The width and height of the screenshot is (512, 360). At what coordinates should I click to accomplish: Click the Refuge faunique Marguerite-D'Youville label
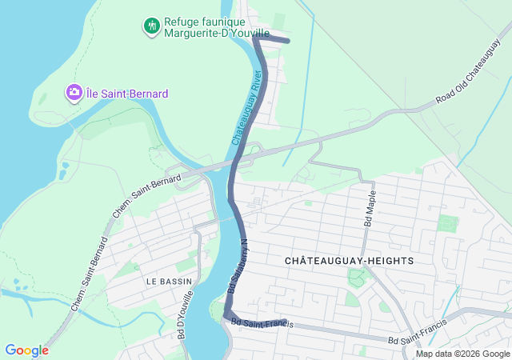tap(206, 28)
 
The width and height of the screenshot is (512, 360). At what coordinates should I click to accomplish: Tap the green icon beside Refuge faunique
tap(151, 26)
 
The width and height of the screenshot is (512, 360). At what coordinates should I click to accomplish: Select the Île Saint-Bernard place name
tap(127, 94)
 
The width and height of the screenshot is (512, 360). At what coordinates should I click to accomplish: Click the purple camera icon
tap(74, 93)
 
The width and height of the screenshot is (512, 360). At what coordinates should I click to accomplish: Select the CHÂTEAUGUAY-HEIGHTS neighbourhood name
tap(349, 261)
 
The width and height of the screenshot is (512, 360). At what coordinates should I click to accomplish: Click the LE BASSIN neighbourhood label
tap(169, 282)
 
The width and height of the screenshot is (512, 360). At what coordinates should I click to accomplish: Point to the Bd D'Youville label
tap(183, 315)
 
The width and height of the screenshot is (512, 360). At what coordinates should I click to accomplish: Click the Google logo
tap(26, 350)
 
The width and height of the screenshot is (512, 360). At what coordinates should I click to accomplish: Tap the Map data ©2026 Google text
tap(462, 354)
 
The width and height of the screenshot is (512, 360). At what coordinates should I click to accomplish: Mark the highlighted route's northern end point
tap(288, 41)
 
